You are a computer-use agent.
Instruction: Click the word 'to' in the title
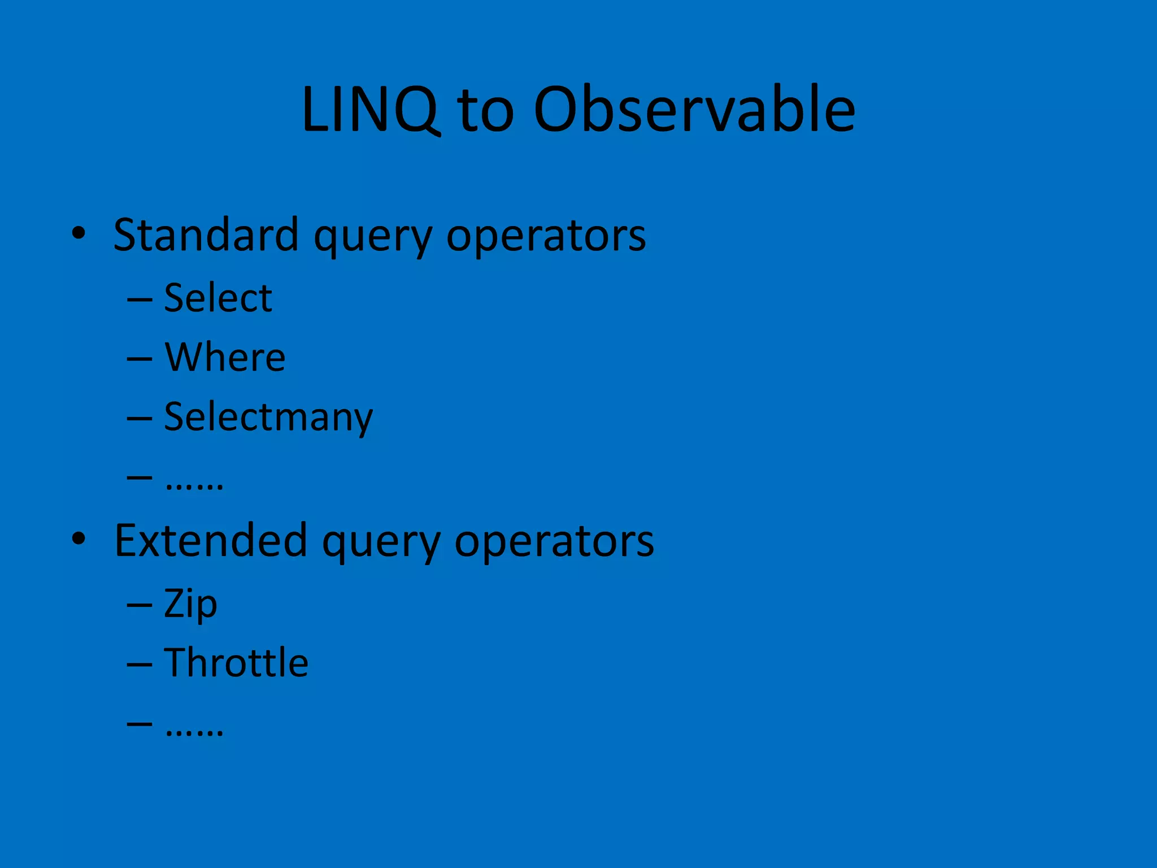point(486,112)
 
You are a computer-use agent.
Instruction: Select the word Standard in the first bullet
point(206,235)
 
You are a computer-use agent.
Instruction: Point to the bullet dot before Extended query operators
point(79,539)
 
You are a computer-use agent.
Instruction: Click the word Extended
point(210,541)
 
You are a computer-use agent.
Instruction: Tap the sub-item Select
point(218,298)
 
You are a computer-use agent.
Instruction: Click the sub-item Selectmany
point(268,417)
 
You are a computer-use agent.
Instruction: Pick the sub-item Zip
point(190,604)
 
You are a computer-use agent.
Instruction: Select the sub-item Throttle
point(236,663)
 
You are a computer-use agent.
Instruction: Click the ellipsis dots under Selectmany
point(194,485)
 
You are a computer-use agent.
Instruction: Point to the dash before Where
point(140,359)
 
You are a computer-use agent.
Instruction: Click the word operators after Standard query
point(546,237)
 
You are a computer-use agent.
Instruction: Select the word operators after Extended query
point(554,542)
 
